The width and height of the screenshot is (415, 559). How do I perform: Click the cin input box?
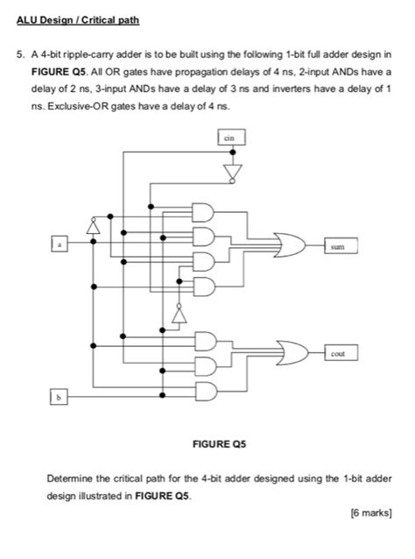pyautogui.click(x=230, y=138)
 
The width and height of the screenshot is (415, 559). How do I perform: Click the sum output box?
pyautogui.click(x=340, y=248)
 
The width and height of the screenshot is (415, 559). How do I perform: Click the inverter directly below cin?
pyautogui.click(x=232, y=169)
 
